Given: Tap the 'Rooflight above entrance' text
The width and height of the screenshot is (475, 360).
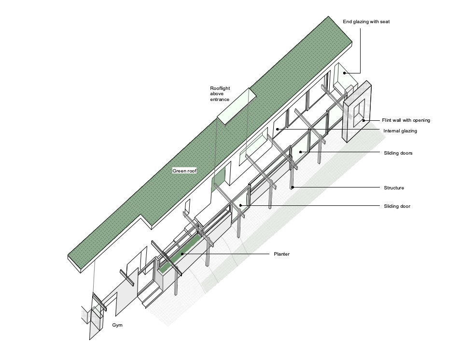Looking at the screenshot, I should click(219, 93).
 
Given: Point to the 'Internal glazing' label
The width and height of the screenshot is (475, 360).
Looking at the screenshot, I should click(400, 131).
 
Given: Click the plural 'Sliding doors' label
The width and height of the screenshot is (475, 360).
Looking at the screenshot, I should click(398, 153).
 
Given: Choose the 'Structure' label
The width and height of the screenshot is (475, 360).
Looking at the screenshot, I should click(394, 187).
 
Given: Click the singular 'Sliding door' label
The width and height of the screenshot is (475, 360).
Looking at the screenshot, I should click(397, 206).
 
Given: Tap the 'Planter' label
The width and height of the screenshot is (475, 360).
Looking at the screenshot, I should click(281, 254).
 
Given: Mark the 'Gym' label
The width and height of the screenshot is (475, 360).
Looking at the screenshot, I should click(117, 325).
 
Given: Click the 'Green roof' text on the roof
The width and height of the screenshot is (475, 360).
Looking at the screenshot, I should click(184, 171).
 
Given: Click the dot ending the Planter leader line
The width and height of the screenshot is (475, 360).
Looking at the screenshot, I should click(182, 254).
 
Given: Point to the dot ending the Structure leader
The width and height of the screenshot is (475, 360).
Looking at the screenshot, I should click(292, 187).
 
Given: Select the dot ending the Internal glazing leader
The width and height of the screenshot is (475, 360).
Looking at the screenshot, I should click(277, 129).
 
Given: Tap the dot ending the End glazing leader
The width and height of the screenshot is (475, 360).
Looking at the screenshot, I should click(344, 72).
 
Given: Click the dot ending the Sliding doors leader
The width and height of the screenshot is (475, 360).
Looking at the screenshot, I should click(300, 152).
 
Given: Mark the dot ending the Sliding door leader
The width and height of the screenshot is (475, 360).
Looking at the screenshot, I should click(240, 205).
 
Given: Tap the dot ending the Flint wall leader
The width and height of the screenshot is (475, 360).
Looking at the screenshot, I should click(363, 120).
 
